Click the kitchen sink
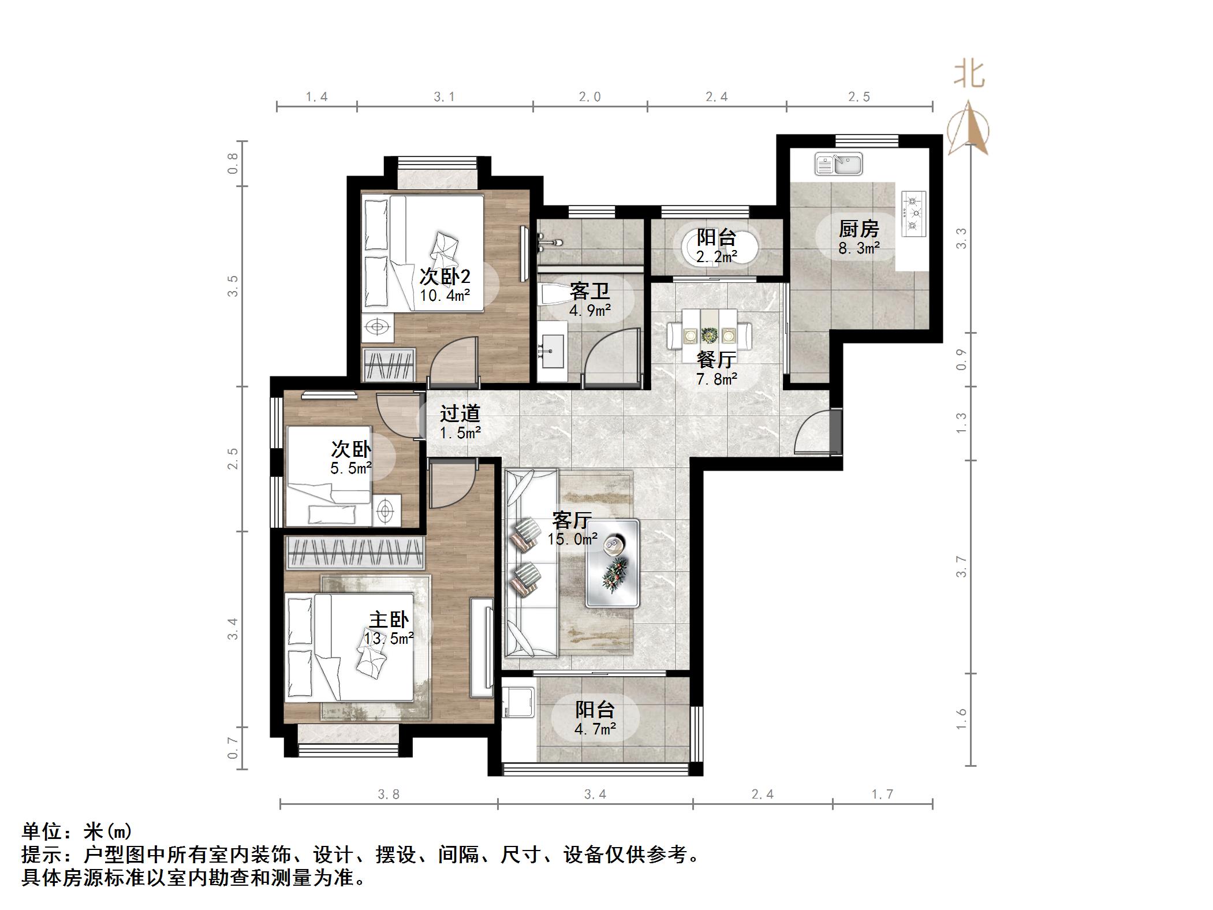[838, 164]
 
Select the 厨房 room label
[859, 230]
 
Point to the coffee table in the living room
[613, 563]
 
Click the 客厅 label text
[572, 520]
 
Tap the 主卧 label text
[389, 620]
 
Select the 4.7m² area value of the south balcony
[595, 729]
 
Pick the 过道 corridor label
[460, 413]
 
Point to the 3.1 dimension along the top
[445, 97]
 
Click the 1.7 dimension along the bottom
[882, 795]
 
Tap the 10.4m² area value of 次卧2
[445, 296]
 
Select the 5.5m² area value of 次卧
[350, 468]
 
